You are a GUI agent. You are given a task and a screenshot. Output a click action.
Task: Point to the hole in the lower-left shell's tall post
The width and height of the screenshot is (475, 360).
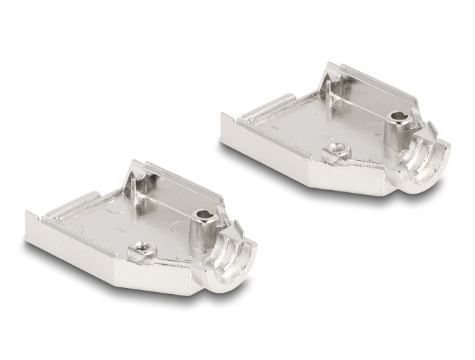coord(204,215)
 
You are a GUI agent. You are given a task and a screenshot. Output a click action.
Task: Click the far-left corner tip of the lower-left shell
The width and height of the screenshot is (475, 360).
coord(27,216)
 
